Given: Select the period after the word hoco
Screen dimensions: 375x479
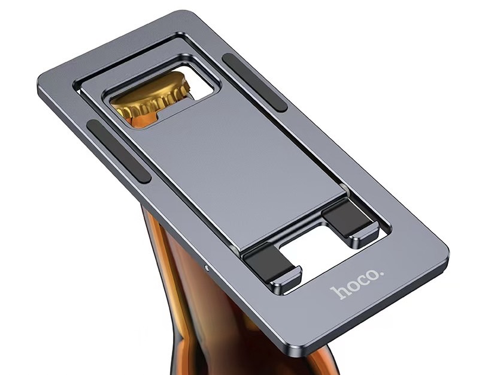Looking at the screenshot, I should pos(381,277).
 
